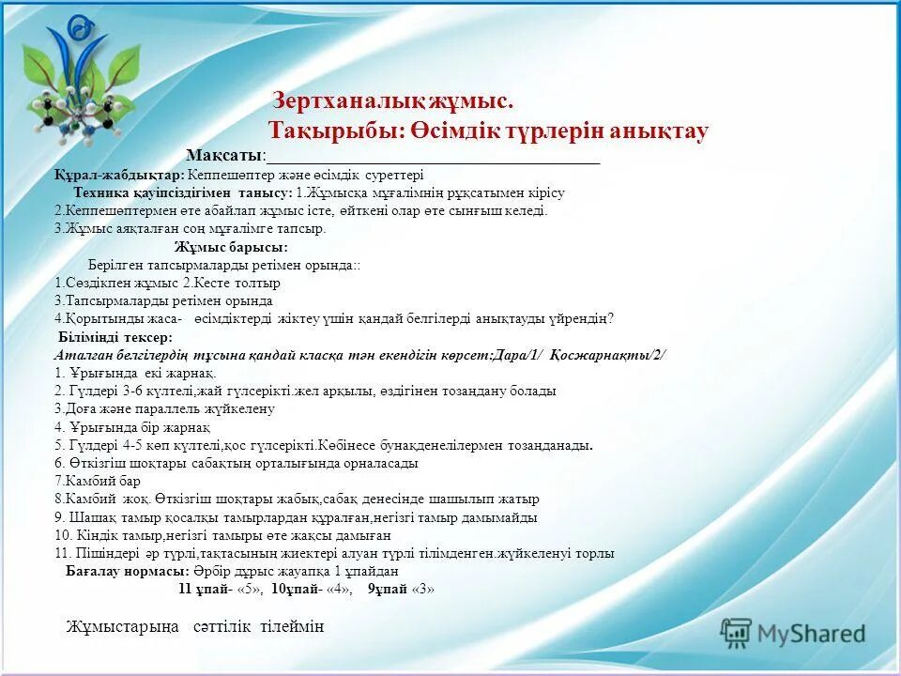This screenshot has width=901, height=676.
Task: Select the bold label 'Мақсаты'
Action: [x=224, y=155]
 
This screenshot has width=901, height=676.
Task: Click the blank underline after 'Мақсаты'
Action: [x=433, y=157]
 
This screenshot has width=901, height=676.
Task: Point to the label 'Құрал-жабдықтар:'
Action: [x=119, y=175]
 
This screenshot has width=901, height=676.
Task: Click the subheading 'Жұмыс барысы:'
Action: [x=231, y=247]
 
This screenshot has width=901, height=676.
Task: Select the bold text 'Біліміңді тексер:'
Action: [x=115, y=337]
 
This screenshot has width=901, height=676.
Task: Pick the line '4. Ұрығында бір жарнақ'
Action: [x=132, y=427]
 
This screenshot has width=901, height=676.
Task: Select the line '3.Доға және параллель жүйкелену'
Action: [x=164, y=409]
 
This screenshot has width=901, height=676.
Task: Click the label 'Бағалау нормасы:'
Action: [x=128, y=571]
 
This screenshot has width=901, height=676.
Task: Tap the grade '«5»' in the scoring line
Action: [x=248, y=590]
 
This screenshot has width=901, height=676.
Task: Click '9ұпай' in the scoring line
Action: [x=388, y=590]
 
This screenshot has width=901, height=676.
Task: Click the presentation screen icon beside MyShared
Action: [x=737, y=634]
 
